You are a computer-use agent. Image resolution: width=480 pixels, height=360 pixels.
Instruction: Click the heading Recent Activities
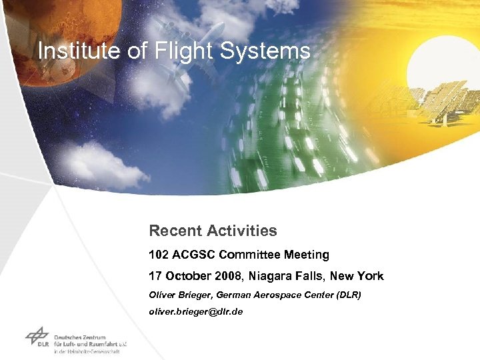(x=213, y=231)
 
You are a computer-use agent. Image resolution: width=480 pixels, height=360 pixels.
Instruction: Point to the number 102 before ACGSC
(x=159, y=255)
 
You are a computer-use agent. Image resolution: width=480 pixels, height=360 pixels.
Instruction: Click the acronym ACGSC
(x=193, y=255)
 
